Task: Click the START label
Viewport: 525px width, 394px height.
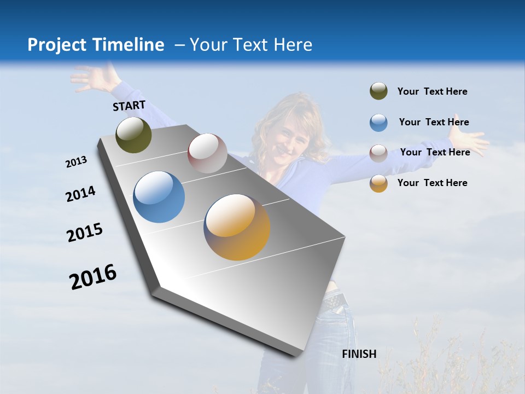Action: (x=129, y=106)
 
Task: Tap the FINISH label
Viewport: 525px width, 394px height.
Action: (x=359, y=354)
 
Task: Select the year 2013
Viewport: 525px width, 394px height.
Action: (x=76, y=162)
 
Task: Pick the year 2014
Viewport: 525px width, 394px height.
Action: (x=80, y=194)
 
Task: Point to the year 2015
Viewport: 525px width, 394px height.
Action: (x=85, y=233)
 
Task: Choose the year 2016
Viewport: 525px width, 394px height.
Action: (x=93, y=277)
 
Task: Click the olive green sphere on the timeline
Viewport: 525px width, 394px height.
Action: (x=133, y=135)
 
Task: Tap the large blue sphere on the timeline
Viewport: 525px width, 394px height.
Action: (x=159, y=197)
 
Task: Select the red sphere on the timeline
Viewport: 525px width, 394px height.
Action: (x=207, y=153)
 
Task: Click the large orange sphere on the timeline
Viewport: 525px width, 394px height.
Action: (x=237, y=227)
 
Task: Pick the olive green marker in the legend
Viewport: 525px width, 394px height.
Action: (x=378, y=91)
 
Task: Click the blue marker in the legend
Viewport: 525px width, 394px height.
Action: (x=378, y=123)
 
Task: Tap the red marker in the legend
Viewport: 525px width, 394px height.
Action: (x=378, y=153)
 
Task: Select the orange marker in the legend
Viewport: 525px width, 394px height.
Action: (x=378, y=183)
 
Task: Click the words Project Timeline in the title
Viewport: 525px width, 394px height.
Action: (x=96, y=45)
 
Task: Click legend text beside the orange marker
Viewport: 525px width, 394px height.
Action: (x=432, y=183)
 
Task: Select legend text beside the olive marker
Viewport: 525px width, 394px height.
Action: (x=432, y=91)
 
